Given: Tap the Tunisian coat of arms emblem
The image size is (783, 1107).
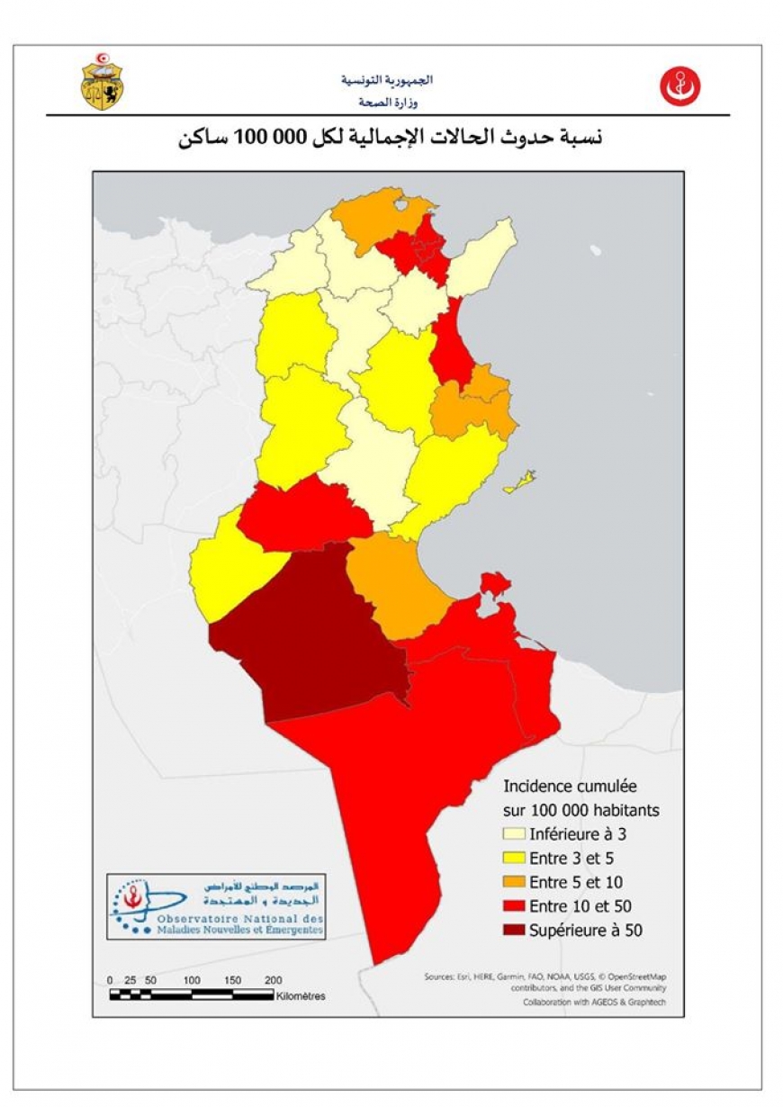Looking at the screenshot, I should (103, 84).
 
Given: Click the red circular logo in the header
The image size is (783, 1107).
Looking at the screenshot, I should (679, 86).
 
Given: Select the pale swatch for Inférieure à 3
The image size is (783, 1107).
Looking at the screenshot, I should (514, 834).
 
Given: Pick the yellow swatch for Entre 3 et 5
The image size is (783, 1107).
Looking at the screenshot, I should (514, 859).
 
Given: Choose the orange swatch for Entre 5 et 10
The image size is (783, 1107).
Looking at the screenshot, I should (514, 882).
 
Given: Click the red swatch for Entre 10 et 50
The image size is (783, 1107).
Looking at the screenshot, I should (514, 906).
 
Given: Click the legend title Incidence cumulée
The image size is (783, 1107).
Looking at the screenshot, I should (570, 786).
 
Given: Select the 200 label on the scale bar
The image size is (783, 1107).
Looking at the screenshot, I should (274, 980).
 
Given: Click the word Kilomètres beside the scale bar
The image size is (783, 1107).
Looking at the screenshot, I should (301, 996).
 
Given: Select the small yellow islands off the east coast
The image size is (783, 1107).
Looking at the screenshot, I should (521, 483).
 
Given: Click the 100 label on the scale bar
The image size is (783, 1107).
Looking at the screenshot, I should (192, 980).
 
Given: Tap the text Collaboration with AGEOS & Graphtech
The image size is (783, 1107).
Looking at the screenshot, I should (595, 1002).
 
